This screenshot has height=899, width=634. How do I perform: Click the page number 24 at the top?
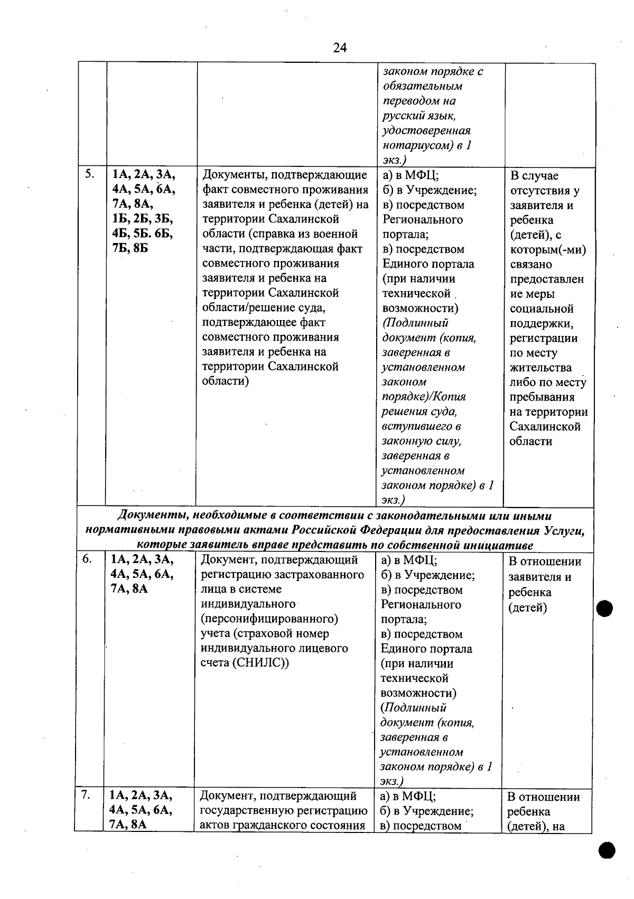340,48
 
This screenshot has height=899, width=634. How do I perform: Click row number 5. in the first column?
89,174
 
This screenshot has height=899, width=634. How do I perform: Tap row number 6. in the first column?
87,559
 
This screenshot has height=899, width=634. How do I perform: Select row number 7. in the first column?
86,795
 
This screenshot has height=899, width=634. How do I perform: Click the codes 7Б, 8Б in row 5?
130,248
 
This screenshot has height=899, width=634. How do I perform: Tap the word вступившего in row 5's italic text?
421,426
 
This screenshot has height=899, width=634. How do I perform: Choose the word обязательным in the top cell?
423,86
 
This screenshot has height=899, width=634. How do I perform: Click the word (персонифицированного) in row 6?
269,619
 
